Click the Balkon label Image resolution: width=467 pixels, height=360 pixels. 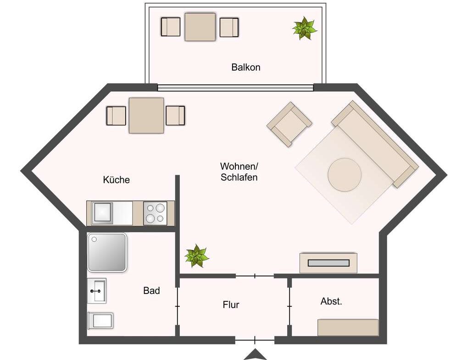tap(246, 67)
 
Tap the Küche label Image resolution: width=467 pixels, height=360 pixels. tap(117, 180)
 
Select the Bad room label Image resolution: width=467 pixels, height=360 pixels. tap(151, 290)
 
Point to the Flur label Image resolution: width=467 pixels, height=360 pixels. tap(231, 305)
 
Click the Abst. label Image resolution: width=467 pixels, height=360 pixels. tap(331, 301)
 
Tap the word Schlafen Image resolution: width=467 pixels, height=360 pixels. tap(239, 177)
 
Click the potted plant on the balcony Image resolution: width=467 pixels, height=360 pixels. tap(305, 28)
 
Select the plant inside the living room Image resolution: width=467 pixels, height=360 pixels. tap(196, 256)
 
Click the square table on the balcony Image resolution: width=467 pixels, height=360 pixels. tap(200, 27)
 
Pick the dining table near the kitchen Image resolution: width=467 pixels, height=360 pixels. tap(146, 116)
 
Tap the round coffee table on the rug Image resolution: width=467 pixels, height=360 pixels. tap(345, 174)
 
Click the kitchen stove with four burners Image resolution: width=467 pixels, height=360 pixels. tap(155, 213)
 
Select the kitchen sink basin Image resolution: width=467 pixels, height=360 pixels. tap(102, 213)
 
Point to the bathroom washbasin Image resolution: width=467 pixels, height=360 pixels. tap(97, 291)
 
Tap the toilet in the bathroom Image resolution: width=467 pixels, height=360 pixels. tap(100, 321)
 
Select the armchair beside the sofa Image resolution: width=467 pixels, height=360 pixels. tap(289, 124)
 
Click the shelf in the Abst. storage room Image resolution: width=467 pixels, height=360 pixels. tap(348, 327)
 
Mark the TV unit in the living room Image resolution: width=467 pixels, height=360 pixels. tap(328, 263)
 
